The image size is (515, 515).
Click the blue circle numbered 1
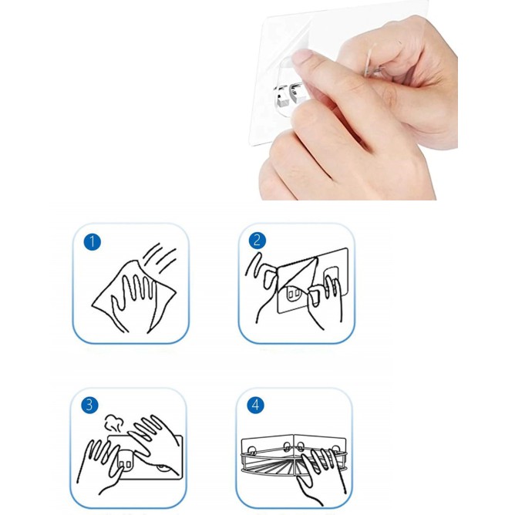coord(92,242)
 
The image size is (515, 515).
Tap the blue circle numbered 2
coord(257,241)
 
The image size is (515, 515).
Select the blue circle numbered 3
coord(89,405)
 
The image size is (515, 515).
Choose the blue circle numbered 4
coord(255,406)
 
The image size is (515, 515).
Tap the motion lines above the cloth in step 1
coord(160,257)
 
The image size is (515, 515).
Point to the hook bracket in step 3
coord(125,458)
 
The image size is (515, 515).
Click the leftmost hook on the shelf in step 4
coord(252,449)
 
